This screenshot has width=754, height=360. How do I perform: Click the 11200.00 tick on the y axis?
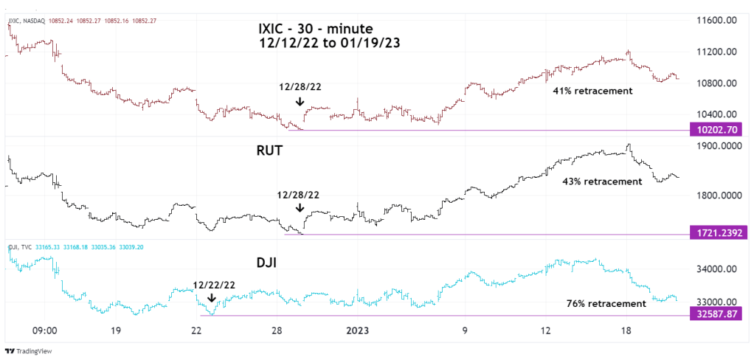pyautogui.click(x=715, y=52)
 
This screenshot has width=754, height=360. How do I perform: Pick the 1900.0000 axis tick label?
pyautogui.click(x=715, y=146)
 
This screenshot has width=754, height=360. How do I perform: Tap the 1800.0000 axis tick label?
pyautogui.click(x=715, y=195)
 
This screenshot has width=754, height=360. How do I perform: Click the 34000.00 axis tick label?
pyautogui.click(x=715, y=269)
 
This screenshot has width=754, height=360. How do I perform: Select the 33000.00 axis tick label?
pyautogui.click(x=715, y=302)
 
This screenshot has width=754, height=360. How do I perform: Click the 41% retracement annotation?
pyautogui.click(x=592, y=91)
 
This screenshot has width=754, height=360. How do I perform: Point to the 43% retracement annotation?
pyautogui.click(x=602, y=181)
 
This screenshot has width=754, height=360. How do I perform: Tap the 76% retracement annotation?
pyautogui.click(x=606, y=303)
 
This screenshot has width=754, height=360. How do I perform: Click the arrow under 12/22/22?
pyautogui.click(x=212, y=299)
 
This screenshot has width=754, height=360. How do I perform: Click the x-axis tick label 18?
pyautogui.click(x=626, y=331)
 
